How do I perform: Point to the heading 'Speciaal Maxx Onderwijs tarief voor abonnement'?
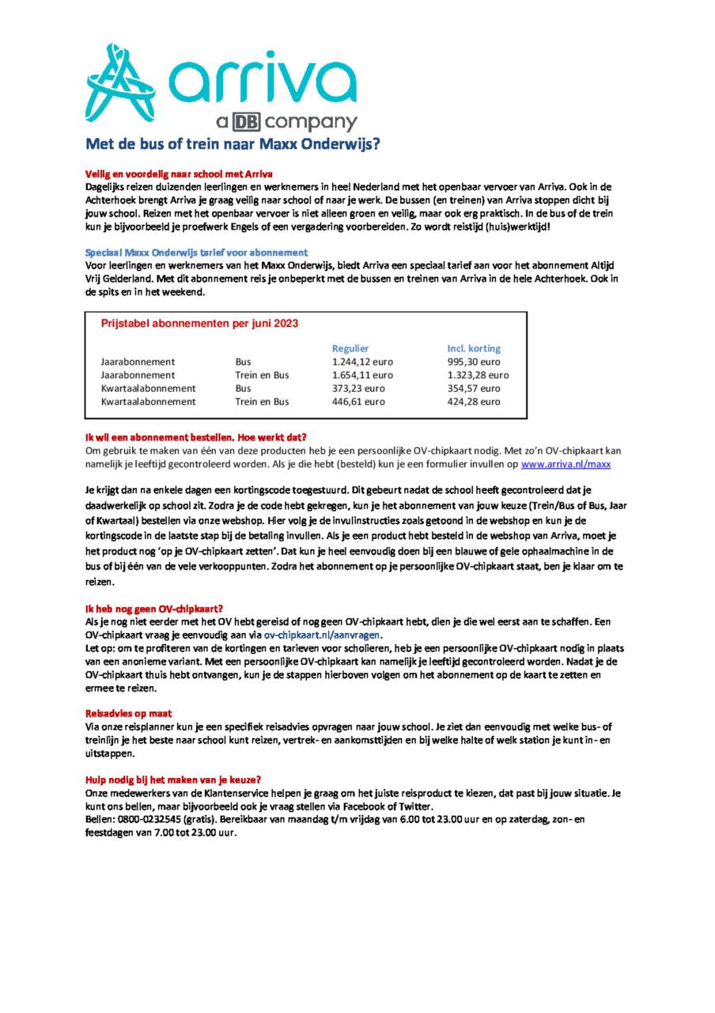(x=191, y=252)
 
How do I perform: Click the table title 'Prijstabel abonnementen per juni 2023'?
(x=199, y=323)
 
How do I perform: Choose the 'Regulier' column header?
(x=350, y=348)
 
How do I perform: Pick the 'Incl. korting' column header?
(x=474, y=348)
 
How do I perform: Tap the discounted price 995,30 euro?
(x=474, y=362)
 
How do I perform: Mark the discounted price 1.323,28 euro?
(x=478, y=375)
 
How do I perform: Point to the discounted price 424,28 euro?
(x=474, y=402)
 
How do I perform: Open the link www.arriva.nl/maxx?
(x=566, y=464)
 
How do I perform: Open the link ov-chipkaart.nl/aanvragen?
(x=323, y=635)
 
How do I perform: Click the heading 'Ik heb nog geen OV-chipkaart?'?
(x=154, y=609)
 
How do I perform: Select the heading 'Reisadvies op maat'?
(x=128, y=713)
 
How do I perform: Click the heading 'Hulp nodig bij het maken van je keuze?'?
(x=173, y=779)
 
